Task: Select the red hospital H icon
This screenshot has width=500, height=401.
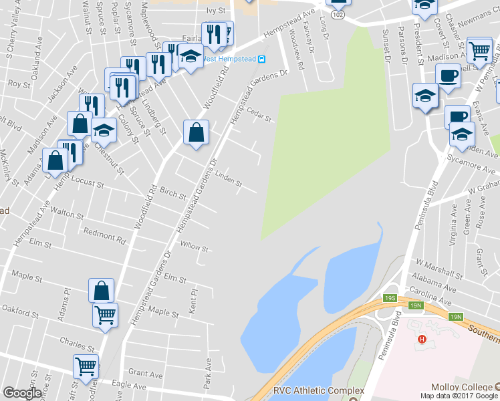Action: click(422, 340)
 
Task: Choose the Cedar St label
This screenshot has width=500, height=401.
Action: click(259, 115)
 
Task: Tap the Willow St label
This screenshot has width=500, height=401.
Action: click(195, 247)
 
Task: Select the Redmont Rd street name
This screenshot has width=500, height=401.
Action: click(104, 235)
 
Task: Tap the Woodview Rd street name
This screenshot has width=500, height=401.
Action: click(300, 56)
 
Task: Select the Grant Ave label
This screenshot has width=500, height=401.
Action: click(142, 372)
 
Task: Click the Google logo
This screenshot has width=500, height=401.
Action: click(22, 393)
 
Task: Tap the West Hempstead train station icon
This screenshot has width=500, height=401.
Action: click(262, 58)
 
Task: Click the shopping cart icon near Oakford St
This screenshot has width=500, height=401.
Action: click(105, 314)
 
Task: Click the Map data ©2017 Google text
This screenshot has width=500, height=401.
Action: click(460, 396)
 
